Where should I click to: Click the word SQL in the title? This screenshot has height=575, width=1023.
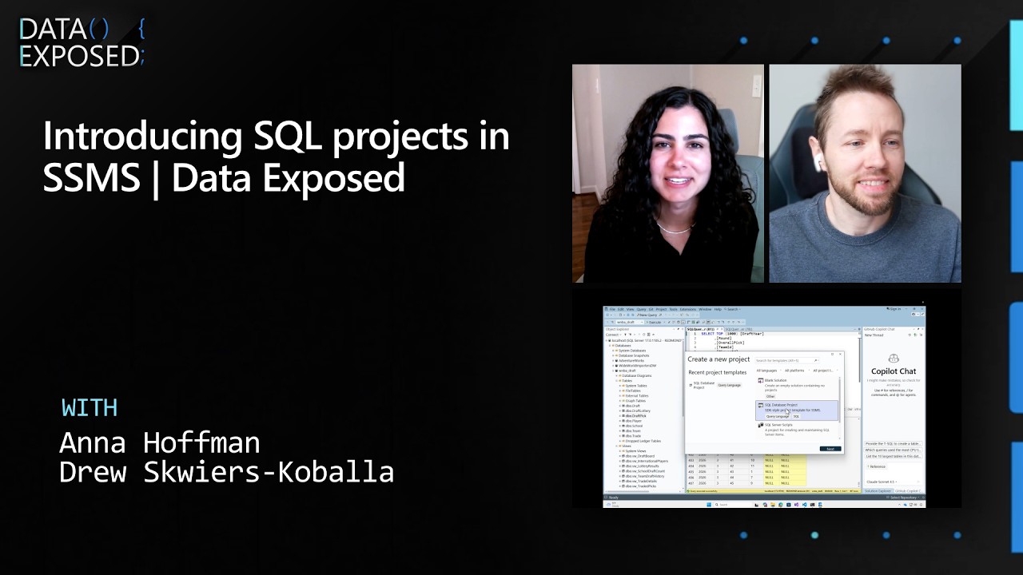coord(288,137)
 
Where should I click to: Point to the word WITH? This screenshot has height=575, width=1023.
coord(90,407)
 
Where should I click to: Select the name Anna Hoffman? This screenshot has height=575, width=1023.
coord(160,442)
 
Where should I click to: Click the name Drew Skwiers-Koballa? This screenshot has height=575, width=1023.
coord(226,472)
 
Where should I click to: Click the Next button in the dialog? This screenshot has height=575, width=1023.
coord(830,449)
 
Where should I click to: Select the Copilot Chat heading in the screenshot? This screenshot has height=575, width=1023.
coord(894,371)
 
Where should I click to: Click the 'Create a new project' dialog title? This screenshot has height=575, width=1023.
coord(718,359)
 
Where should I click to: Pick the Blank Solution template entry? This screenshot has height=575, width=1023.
coord(776,381)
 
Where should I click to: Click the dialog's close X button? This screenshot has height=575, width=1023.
coord(839,354)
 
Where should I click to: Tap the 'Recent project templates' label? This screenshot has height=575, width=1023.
coord(717,372)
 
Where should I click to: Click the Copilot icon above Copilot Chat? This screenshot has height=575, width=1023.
coord(894,359)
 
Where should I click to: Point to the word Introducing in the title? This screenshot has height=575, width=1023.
coord(142,137)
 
